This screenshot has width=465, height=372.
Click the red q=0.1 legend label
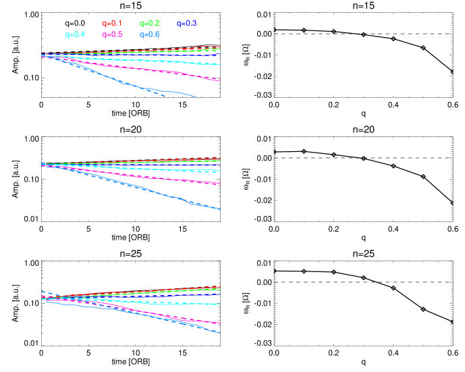[x=111, y=24]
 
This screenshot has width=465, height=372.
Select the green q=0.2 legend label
[x=149, y=24]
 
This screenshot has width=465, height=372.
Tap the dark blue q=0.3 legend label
[x=186, y=24]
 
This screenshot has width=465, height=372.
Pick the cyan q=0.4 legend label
[x=75, y=34]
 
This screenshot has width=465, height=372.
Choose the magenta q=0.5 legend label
[x=112, y=34]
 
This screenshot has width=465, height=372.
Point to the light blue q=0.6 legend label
[x=149, y=34]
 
